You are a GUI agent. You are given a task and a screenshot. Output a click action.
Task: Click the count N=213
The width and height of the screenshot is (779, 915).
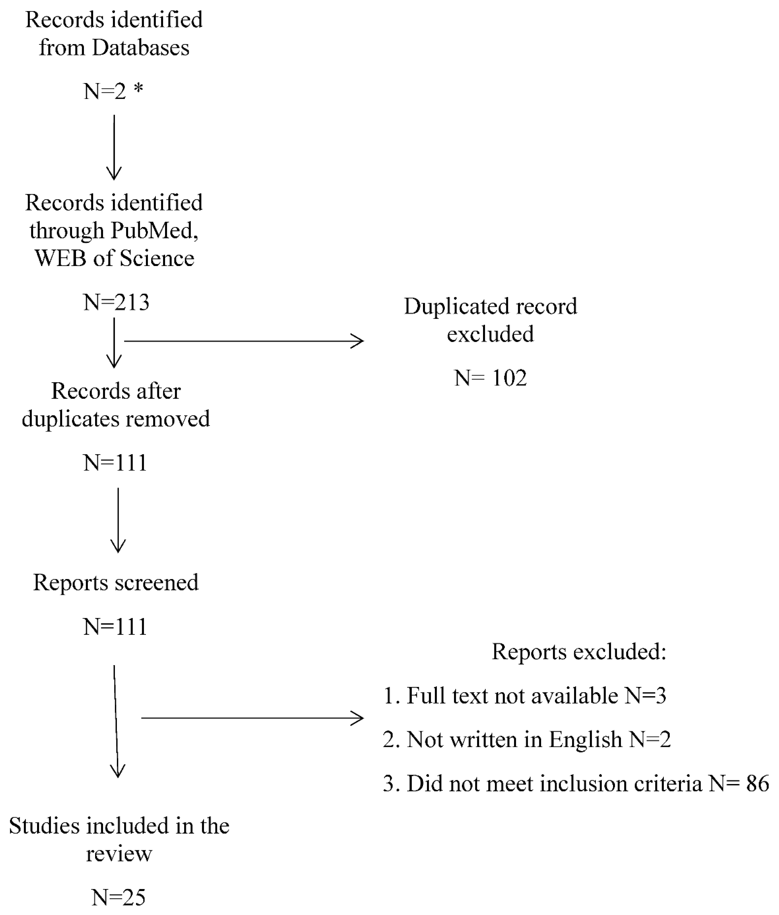point(116,303)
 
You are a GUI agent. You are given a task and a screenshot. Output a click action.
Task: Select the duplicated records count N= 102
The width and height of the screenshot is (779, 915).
point(490,378)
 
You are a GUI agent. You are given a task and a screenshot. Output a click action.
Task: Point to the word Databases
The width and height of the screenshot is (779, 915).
point(140,48)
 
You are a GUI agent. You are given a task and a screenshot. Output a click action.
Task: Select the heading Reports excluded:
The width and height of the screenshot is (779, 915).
point(579,651)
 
